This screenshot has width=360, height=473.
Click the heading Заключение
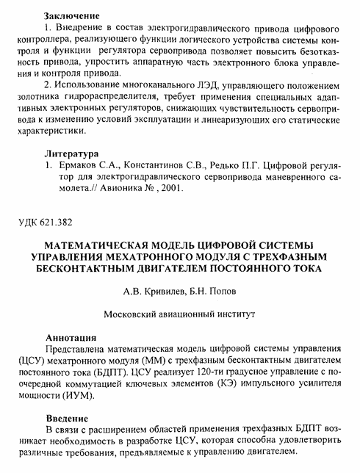[71, 15]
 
